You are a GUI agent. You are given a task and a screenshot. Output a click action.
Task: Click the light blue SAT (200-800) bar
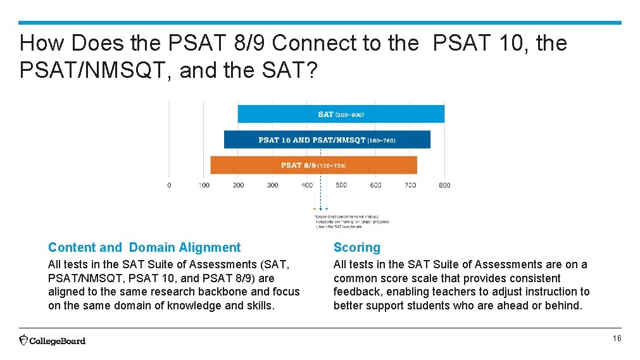341,115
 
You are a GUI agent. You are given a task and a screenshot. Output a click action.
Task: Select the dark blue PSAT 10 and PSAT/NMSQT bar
327,140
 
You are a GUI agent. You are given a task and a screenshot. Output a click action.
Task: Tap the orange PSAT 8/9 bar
313,165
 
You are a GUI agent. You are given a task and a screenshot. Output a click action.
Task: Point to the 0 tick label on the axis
169,185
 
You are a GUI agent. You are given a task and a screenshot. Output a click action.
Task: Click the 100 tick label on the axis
204,185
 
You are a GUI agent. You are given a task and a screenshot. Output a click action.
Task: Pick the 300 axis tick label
272,185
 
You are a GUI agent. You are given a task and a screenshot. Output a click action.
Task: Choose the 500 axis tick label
341,185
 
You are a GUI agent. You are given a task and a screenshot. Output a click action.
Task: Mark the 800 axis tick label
444,185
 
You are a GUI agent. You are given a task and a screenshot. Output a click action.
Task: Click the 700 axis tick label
410,185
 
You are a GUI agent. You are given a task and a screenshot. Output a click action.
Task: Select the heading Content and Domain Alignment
144,248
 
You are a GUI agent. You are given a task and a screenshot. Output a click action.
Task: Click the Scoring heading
357,248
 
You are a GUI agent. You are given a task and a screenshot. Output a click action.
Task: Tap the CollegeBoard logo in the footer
52,340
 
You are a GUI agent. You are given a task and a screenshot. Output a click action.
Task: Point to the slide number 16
617,339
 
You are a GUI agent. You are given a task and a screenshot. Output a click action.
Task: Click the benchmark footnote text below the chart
352,221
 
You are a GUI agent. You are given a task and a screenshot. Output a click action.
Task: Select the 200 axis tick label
238,185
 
